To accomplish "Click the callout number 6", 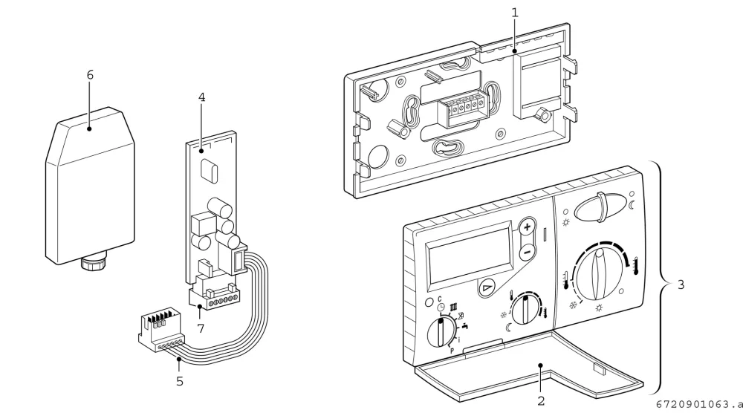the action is [x=90, y=75].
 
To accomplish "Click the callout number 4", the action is [x=202, y=97].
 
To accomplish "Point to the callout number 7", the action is [x=201, y=328].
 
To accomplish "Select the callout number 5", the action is [x=180, y=381].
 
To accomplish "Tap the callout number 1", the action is [x=515, y=13].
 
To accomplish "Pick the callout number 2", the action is [x=541, y=400].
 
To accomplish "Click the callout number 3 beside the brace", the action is [x=681, y=284].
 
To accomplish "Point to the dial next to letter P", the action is [x=441, y=332].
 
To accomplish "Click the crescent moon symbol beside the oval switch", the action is [x=632, y=204].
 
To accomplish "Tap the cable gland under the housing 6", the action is [x=94, y=262].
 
